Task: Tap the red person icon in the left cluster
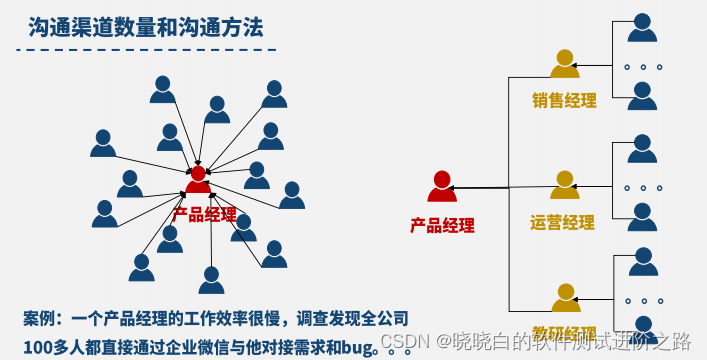[x=199, y=180]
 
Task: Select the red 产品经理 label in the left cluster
[x=205, y=214]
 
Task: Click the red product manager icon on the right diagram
[x=442, y=186]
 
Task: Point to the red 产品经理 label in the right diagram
[x=442, y=225]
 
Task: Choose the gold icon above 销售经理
[x=564, y=64]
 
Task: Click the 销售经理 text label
[x=564, y=100]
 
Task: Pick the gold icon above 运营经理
[x=564, y=185]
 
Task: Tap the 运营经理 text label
[x=562, y=222]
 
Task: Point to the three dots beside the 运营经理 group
[x=642, y=187]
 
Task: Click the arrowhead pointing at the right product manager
[x=453, y=188]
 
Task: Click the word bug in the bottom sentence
[x=357, y=347]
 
